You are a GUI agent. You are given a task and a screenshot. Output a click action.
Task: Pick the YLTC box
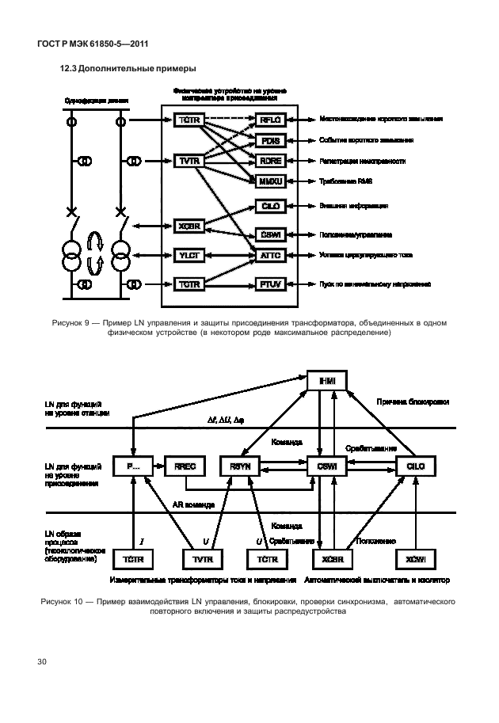189,256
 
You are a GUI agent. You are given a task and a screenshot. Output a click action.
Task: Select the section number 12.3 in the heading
70,70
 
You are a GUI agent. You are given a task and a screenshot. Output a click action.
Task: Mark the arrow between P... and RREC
157,468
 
